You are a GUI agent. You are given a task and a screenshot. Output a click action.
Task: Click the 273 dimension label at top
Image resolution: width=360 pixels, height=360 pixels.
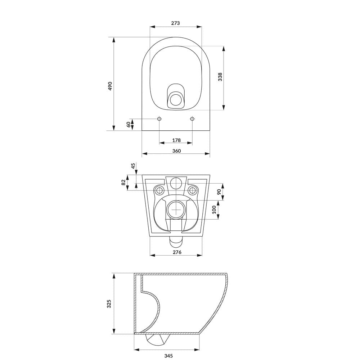[175, 23]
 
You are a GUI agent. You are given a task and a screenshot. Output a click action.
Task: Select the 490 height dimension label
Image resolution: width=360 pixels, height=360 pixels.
[110, 86]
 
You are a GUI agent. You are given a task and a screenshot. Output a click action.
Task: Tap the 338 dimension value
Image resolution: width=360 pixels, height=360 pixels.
[220, 77]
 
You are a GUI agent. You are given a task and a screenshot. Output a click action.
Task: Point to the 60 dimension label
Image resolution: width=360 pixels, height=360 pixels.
[128, 124]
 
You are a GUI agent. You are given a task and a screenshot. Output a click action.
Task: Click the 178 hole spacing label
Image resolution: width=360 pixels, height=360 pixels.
[176, 140]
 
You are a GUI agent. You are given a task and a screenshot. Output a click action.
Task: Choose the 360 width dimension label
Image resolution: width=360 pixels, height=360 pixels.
[176, 151]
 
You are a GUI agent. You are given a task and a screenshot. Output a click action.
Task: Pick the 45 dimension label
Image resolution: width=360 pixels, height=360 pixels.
[133, 166]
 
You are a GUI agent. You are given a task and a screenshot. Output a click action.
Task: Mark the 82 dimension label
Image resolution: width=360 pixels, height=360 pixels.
[123, 183]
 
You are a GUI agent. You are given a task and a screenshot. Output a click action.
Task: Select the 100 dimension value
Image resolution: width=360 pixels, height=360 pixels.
[215, 210]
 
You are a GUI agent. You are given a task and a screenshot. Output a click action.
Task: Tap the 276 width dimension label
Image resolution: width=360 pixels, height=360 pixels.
[177, 252]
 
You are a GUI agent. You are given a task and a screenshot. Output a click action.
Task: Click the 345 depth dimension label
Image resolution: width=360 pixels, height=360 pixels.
[168, 356]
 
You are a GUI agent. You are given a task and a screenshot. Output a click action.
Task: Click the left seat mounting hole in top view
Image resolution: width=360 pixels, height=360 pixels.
[159, 119]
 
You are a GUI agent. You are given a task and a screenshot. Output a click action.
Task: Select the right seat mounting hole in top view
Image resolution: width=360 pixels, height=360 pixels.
[192, 119]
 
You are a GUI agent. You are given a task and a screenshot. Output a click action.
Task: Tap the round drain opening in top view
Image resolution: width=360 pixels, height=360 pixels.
[176, 99]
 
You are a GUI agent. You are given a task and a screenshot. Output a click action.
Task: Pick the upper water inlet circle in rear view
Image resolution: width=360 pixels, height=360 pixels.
[176, 183]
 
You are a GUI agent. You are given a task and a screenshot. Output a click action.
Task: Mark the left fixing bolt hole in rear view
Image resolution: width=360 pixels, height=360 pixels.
[159, 190]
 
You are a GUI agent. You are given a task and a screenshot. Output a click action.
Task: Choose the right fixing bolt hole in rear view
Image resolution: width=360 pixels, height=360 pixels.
[193, 190]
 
